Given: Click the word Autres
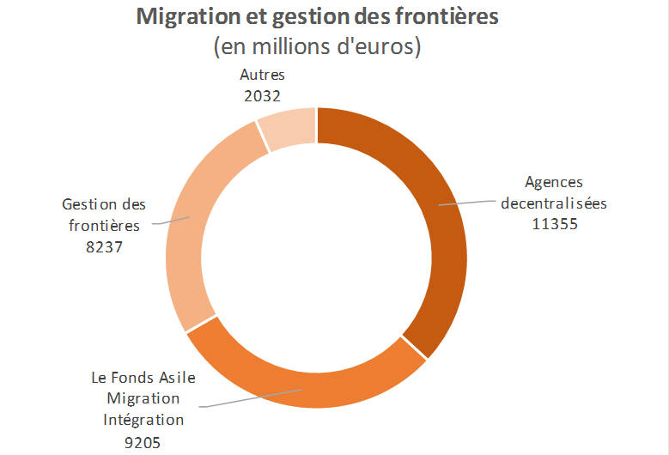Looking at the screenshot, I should click(x=263, y=76).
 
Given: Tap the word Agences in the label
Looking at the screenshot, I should click(x=554, y=182).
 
